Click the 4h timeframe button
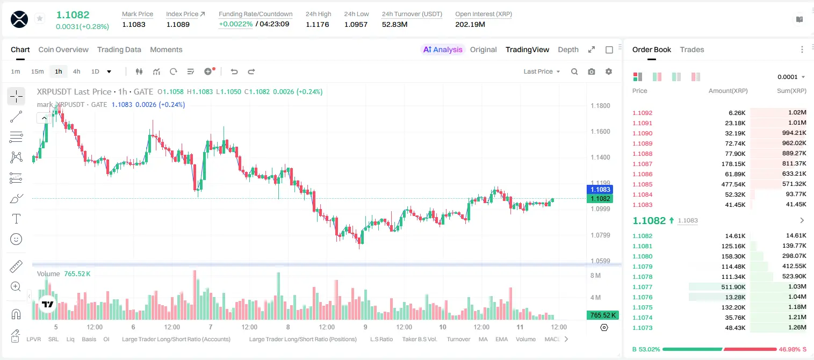click(76, 71)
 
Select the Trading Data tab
click(119, 50)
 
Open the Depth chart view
click(568, 50)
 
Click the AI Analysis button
click(443, 50)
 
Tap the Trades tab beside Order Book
click(692, 50)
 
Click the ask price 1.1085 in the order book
click(643, 184)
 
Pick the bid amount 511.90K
click(733, 287)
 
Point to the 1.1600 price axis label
click(600, 132)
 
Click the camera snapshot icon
click(592, 71)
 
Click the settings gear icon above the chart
click(609, 71)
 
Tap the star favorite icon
click(40, 18)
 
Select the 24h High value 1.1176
click(317, 24)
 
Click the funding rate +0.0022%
click(235, 24)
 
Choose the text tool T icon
click(16, 219)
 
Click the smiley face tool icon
click(16, 239)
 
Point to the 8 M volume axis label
click(596, 276)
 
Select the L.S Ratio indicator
click(381, 339)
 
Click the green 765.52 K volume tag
click(602, 315)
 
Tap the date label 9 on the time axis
click(365, 327)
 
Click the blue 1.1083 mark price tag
click(600, 189)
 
